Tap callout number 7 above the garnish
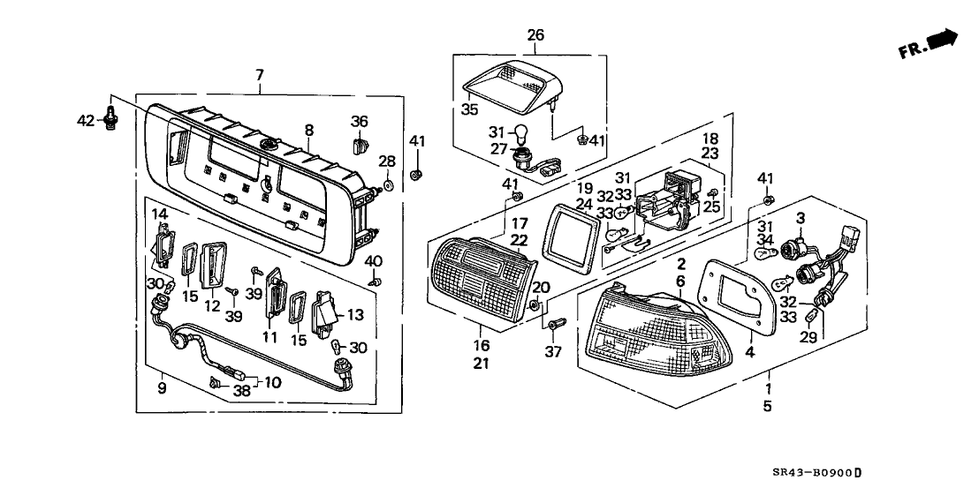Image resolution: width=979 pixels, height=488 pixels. [x=259, y=77]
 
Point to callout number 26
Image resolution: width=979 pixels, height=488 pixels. [x=535, y=35]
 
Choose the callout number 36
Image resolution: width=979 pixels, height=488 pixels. [x=359, y=121]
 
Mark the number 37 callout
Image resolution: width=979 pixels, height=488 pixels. [x=554, y=352]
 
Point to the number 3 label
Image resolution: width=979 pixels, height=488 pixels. [x=800, y=218]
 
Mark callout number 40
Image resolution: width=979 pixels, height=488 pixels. [x=375, y=261]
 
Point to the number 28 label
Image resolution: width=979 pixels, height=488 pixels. [x=387, y=161]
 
